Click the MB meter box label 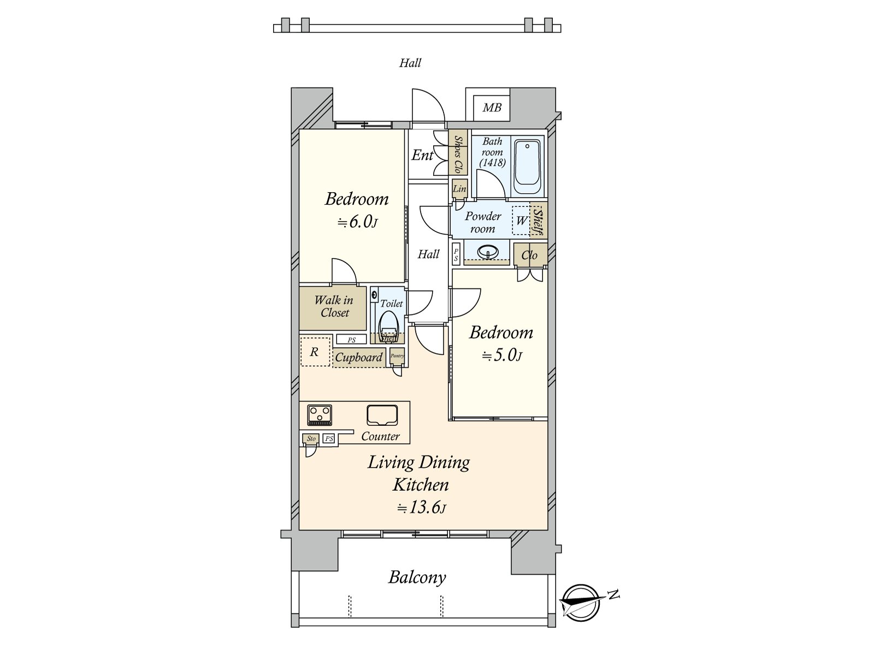[x=492, y=108]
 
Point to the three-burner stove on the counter [x=319, y=415]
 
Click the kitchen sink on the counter [x=382, y=415]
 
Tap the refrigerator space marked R [x=315, y=352]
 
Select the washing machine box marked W [x=521, y=221]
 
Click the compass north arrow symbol [x=582, y=602]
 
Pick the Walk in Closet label [x=334, y=306]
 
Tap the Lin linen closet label [x=459, y=189]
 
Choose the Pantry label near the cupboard [x=397, y=356]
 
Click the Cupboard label [x=358, y=358]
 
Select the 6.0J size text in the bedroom [x=358, y=222]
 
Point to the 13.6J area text [x=421, y=508]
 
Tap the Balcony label [x=417, y=577]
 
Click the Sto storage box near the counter [x=311, y=438]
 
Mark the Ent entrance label [x=422, y=156]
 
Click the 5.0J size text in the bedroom [x=502, y=355]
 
